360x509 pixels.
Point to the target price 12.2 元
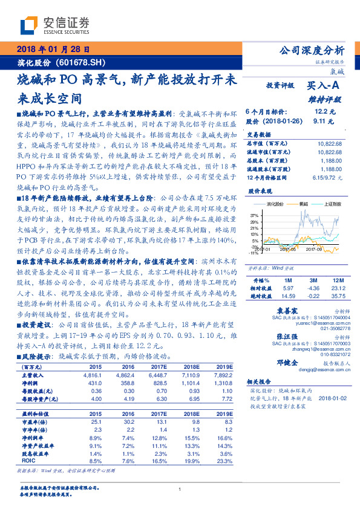point(324,112)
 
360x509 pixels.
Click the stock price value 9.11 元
point(324,121)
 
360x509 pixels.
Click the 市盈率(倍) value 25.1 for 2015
point(96,421)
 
